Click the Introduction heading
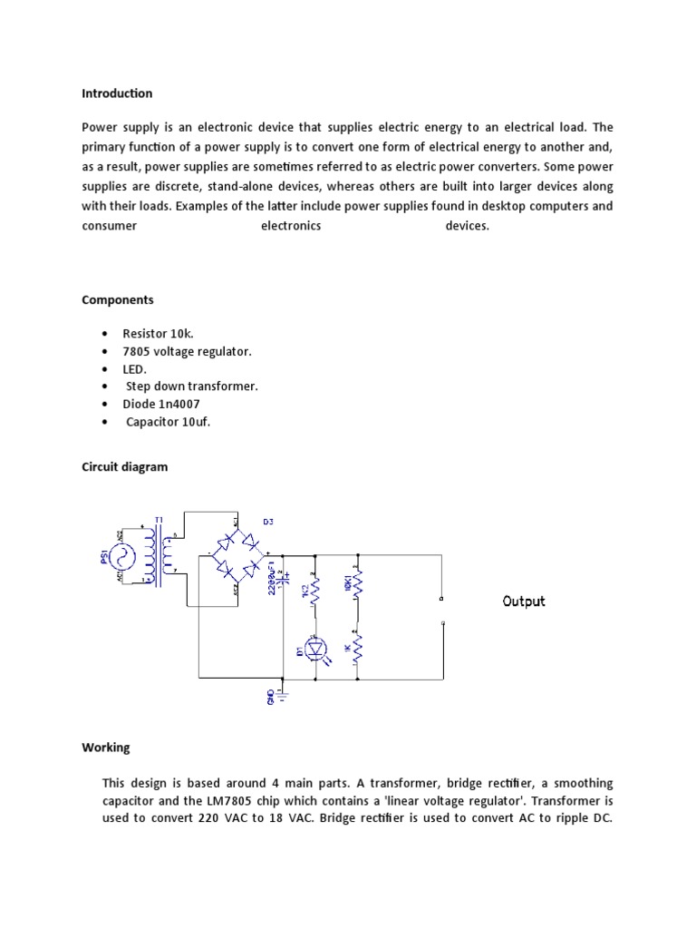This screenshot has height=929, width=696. [x=117, y=93]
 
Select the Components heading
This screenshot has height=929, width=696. [x=118, y=299]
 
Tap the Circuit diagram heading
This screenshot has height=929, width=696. [x=124, y=467]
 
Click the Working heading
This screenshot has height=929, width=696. [x=106, y=748]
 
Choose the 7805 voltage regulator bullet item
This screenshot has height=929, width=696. [x=187, y=351]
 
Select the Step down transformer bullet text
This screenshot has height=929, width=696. [x=191, y=386]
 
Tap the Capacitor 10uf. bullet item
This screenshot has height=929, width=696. [x=168, y=422]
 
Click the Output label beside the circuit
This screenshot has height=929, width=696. [x=524, y=601]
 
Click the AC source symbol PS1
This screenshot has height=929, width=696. [x=124, y=554]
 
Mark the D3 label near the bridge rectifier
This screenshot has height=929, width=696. [x=267, y=522]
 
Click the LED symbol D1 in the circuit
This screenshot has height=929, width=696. [x=314, y=648]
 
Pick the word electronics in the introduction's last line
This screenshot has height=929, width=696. [x=291, y=226]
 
